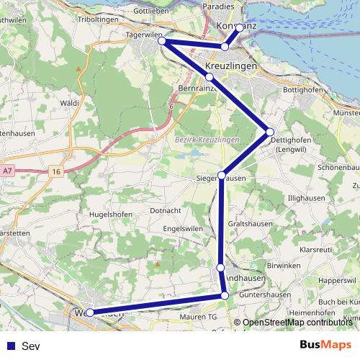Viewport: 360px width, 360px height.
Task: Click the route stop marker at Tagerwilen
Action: (163, 41)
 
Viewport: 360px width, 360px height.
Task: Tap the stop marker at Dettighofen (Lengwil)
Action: (270, 132)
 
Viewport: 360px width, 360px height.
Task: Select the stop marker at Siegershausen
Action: (222, 175)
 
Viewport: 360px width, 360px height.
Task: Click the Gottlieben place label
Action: (150, 12)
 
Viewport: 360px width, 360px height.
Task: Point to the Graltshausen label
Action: (251, 223)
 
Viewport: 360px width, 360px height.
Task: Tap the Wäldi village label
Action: (70, 104)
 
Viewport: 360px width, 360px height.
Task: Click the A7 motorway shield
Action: (7, 171)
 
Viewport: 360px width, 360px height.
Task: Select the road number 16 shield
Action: (56, 171)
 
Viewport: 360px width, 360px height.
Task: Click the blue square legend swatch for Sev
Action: (11, 346)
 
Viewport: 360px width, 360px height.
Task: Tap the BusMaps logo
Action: (326, 346)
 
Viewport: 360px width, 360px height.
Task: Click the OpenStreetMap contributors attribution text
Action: (297, 323)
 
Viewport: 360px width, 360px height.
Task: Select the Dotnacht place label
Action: (165, 210)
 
